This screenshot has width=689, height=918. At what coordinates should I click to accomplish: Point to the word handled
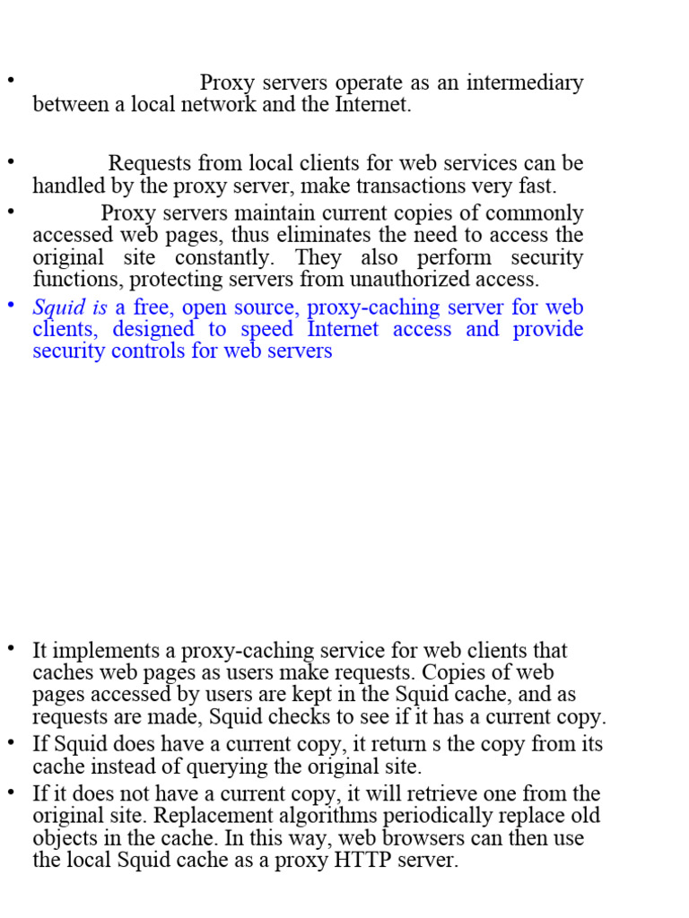(67, 186)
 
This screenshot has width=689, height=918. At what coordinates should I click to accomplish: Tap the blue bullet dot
(12, 306)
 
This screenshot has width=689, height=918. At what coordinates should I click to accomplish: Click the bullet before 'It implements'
(12, 648)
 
